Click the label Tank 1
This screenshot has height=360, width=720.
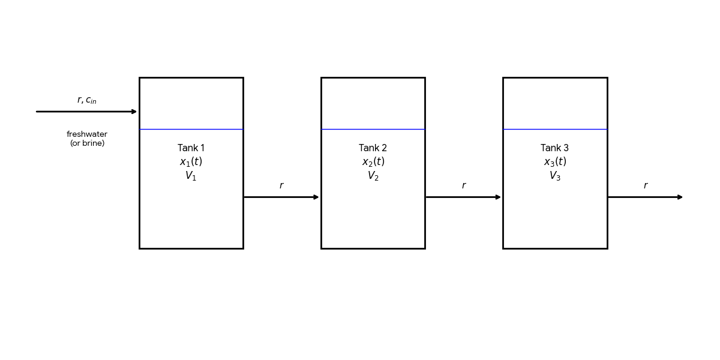pos(191,148)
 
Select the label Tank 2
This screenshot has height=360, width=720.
pos(373,148)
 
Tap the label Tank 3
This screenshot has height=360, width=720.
pos(554,148)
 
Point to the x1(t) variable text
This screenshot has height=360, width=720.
pos(191,162)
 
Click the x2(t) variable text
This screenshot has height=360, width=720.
pos(373,162)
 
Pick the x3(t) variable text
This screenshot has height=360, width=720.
pos(554,162)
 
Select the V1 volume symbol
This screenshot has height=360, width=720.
pos(191,176)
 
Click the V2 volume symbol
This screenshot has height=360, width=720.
pos(373,176)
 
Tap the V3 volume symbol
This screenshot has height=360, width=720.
pos(554,176)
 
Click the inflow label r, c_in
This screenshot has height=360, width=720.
pos(87,100)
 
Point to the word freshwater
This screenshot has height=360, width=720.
pos(87,134)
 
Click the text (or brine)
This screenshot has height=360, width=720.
pos(87,143)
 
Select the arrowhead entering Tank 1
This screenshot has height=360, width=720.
pos(134,112)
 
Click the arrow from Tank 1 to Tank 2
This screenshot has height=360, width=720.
pos(281,197)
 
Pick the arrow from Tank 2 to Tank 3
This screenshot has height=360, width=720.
pos(463,197)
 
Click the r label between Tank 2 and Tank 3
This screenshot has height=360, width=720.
pos(463,186)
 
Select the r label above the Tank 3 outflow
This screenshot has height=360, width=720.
pos(646,186)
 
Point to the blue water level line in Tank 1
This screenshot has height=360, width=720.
pos(191,129)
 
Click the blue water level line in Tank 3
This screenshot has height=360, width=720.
pos(554,129)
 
